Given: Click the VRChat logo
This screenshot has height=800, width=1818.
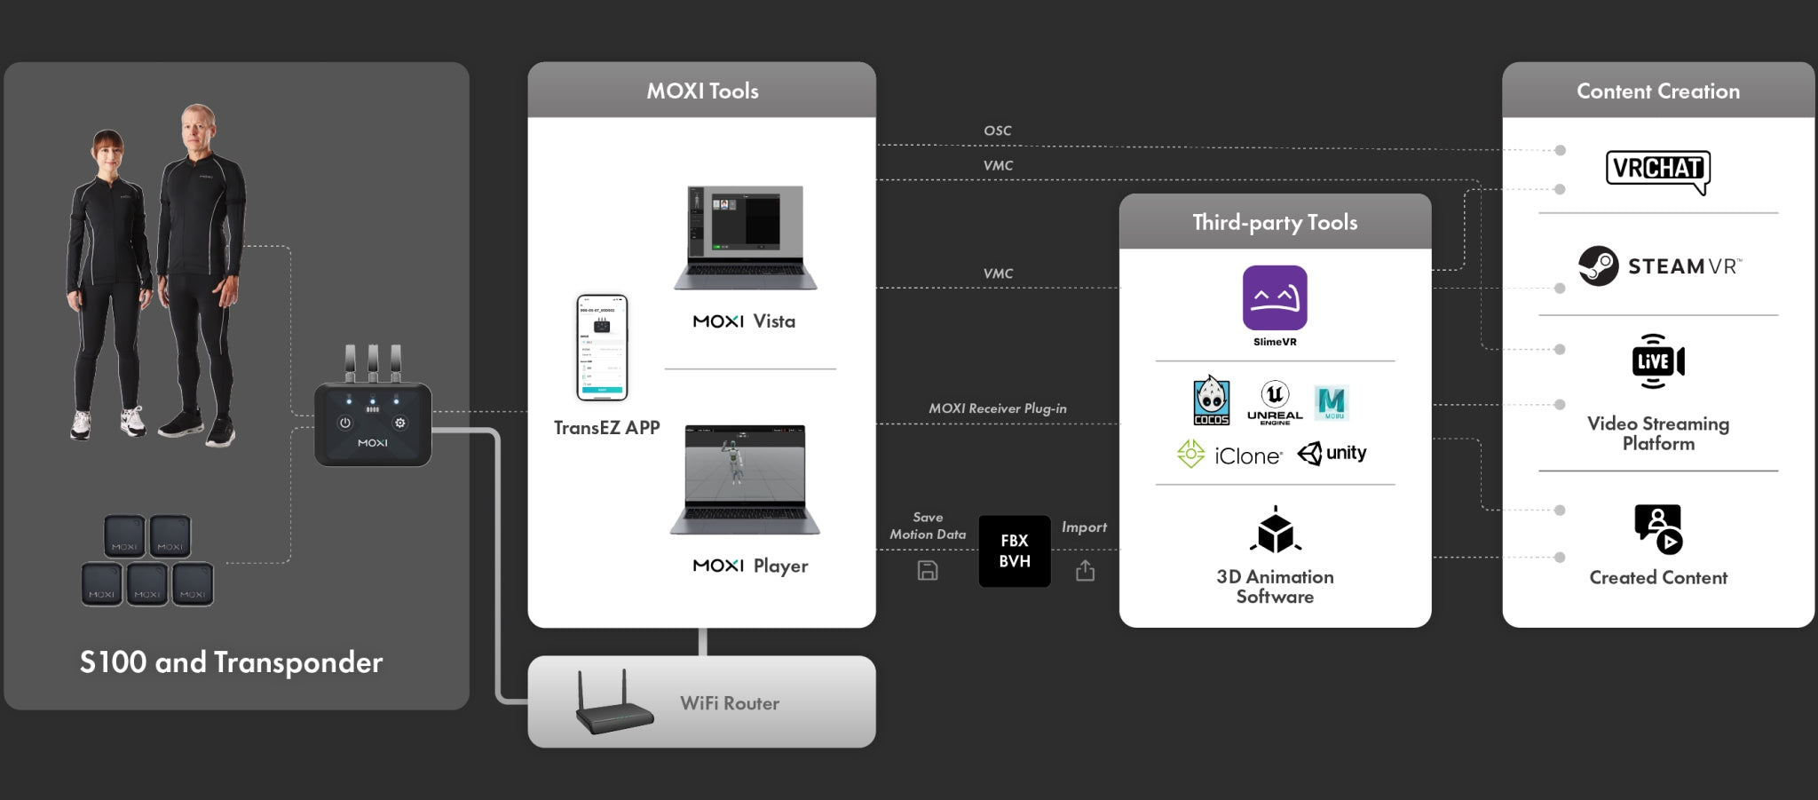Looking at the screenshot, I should (1657, 170).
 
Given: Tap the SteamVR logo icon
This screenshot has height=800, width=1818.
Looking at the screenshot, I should (1598, 265).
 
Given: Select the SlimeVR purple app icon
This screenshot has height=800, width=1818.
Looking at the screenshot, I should (1275, 297).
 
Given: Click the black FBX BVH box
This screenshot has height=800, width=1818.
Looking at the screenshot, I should (1015, 550).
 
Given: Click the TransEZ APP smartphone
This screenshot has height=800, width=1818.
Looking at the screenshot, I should (602, 347).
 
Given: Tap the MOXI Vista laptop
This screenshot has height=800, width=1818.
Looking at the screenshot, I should (746, 238).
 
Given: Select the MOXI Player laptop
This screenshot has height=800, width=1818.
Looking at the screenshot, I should (745, 479).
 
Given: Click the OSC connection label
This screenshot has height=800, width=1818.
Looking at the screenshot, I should (998, 131).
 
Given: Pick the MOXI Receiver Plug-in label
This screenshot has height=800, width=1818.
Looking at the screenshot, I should (998, 408).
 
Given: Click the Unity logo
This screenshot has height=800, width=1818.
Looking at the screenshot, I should (1332, 454).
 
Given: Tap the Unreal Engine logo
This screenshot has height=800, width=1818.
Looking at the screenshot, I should (1275, 402).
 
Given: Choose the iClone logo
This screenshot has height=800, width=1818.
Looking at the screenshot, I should (1229, 455).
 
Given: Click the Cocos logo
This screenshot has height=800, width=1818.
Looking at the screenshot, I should (1211, 401).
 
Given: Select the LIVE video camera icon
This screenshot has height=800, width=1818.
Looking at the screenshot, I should (1657, 361).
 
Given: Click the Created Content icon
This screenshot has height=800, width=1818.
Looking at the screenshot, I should (1658, 528).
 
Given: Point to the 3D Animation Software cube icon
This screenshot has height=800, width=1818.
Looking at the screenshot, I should (1276, 531).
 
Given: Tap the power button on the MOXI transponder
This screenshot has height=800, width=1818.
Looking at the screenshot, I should (345, 423).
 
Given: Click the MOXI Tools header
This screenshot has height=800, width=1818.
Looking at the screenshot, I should (702, 91).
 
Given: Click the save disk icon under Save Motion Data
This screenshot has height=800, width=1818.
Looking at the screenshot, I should (928, 571).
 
